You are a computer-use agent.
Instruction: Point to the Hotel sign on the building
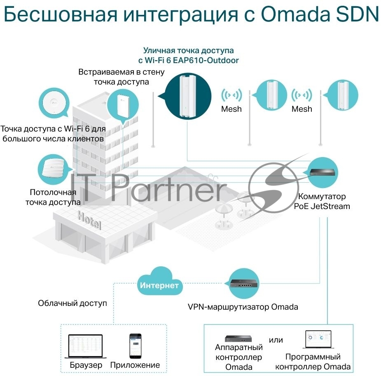click(x=89, y=220)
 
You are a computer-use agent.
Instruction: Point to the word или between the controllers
click(x=276, y=340)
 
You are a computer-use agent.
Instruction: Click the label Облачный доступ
click(x=72, y=303)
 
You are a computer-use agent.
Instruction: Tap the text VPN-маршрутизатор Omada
click(x=243, y=307)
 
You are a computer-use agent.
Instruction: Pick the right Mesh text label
click(x=302, y=109)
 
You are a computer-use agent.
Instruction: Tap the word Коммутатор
click(x=322, y=196)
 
